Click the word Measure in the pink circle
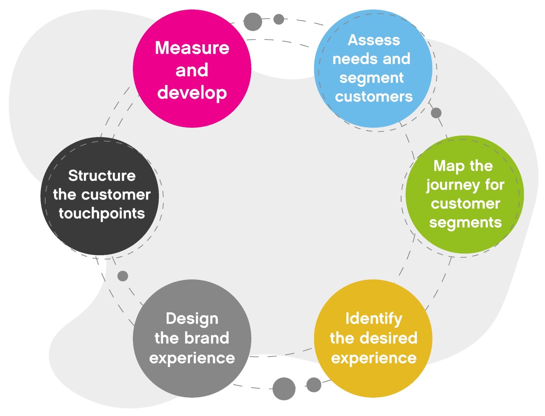(x=192, y=48)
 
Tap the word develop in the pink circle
(x=192, y=93)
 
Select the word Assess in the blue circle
(x=373, y=40)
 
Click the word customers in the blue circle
(x=373, y=97)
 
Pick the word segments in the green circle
(x=465, y=222)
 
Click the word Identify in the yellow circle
(x=373, y=318)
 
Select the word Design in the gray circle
(x=192, y=318)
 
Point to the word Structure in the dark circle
(x=102, y=175)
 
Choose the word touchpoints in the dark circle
(x=102, y=213)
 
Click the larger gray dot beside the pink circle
(x=252, y=21)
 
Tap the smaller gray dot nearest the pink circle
(x=278, y=19)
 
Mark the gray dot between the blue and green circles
(x=436, y=113)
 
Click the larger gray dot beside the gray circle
(x=284, y=388)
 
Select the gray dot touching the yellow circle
(x=314, y=385)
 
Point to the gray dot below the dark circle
(x=123, y=276)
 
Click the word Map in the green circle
(x=444, y=165)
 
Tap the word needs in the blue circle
(x=353, y=59)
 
